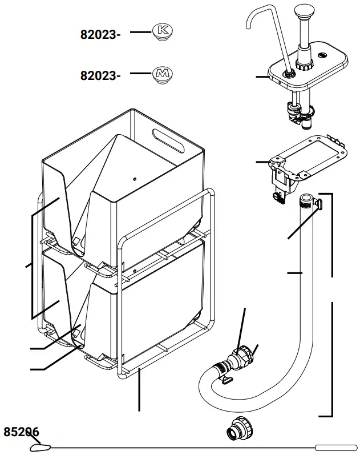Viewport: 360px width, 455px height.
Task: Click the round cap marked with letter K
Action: pos(163,33)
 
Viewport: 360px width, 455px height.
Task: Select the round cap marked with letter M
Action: pos(163,74)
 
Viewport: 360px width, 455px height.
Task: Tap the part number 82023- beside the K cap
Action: pos(100,35)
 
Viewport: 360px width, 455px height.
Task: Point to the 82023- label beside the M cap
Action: pos(100,75)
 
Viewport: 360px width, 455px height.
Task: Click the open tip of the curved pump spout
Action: pos(249,25)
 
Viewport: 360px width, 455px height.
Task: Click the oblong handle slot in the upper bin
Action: pos(169,141)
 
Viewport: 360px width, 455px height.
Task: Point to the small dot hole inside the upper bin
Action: pos(135,179)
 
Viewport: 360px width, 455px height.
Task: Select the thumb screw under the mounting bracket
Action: pos(278,198)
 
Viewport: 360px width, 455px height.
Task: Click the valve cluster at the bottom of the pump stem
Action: pos(298,111)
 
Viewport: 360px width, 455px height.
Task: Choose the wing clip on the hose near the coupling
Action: pos(226,380)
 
